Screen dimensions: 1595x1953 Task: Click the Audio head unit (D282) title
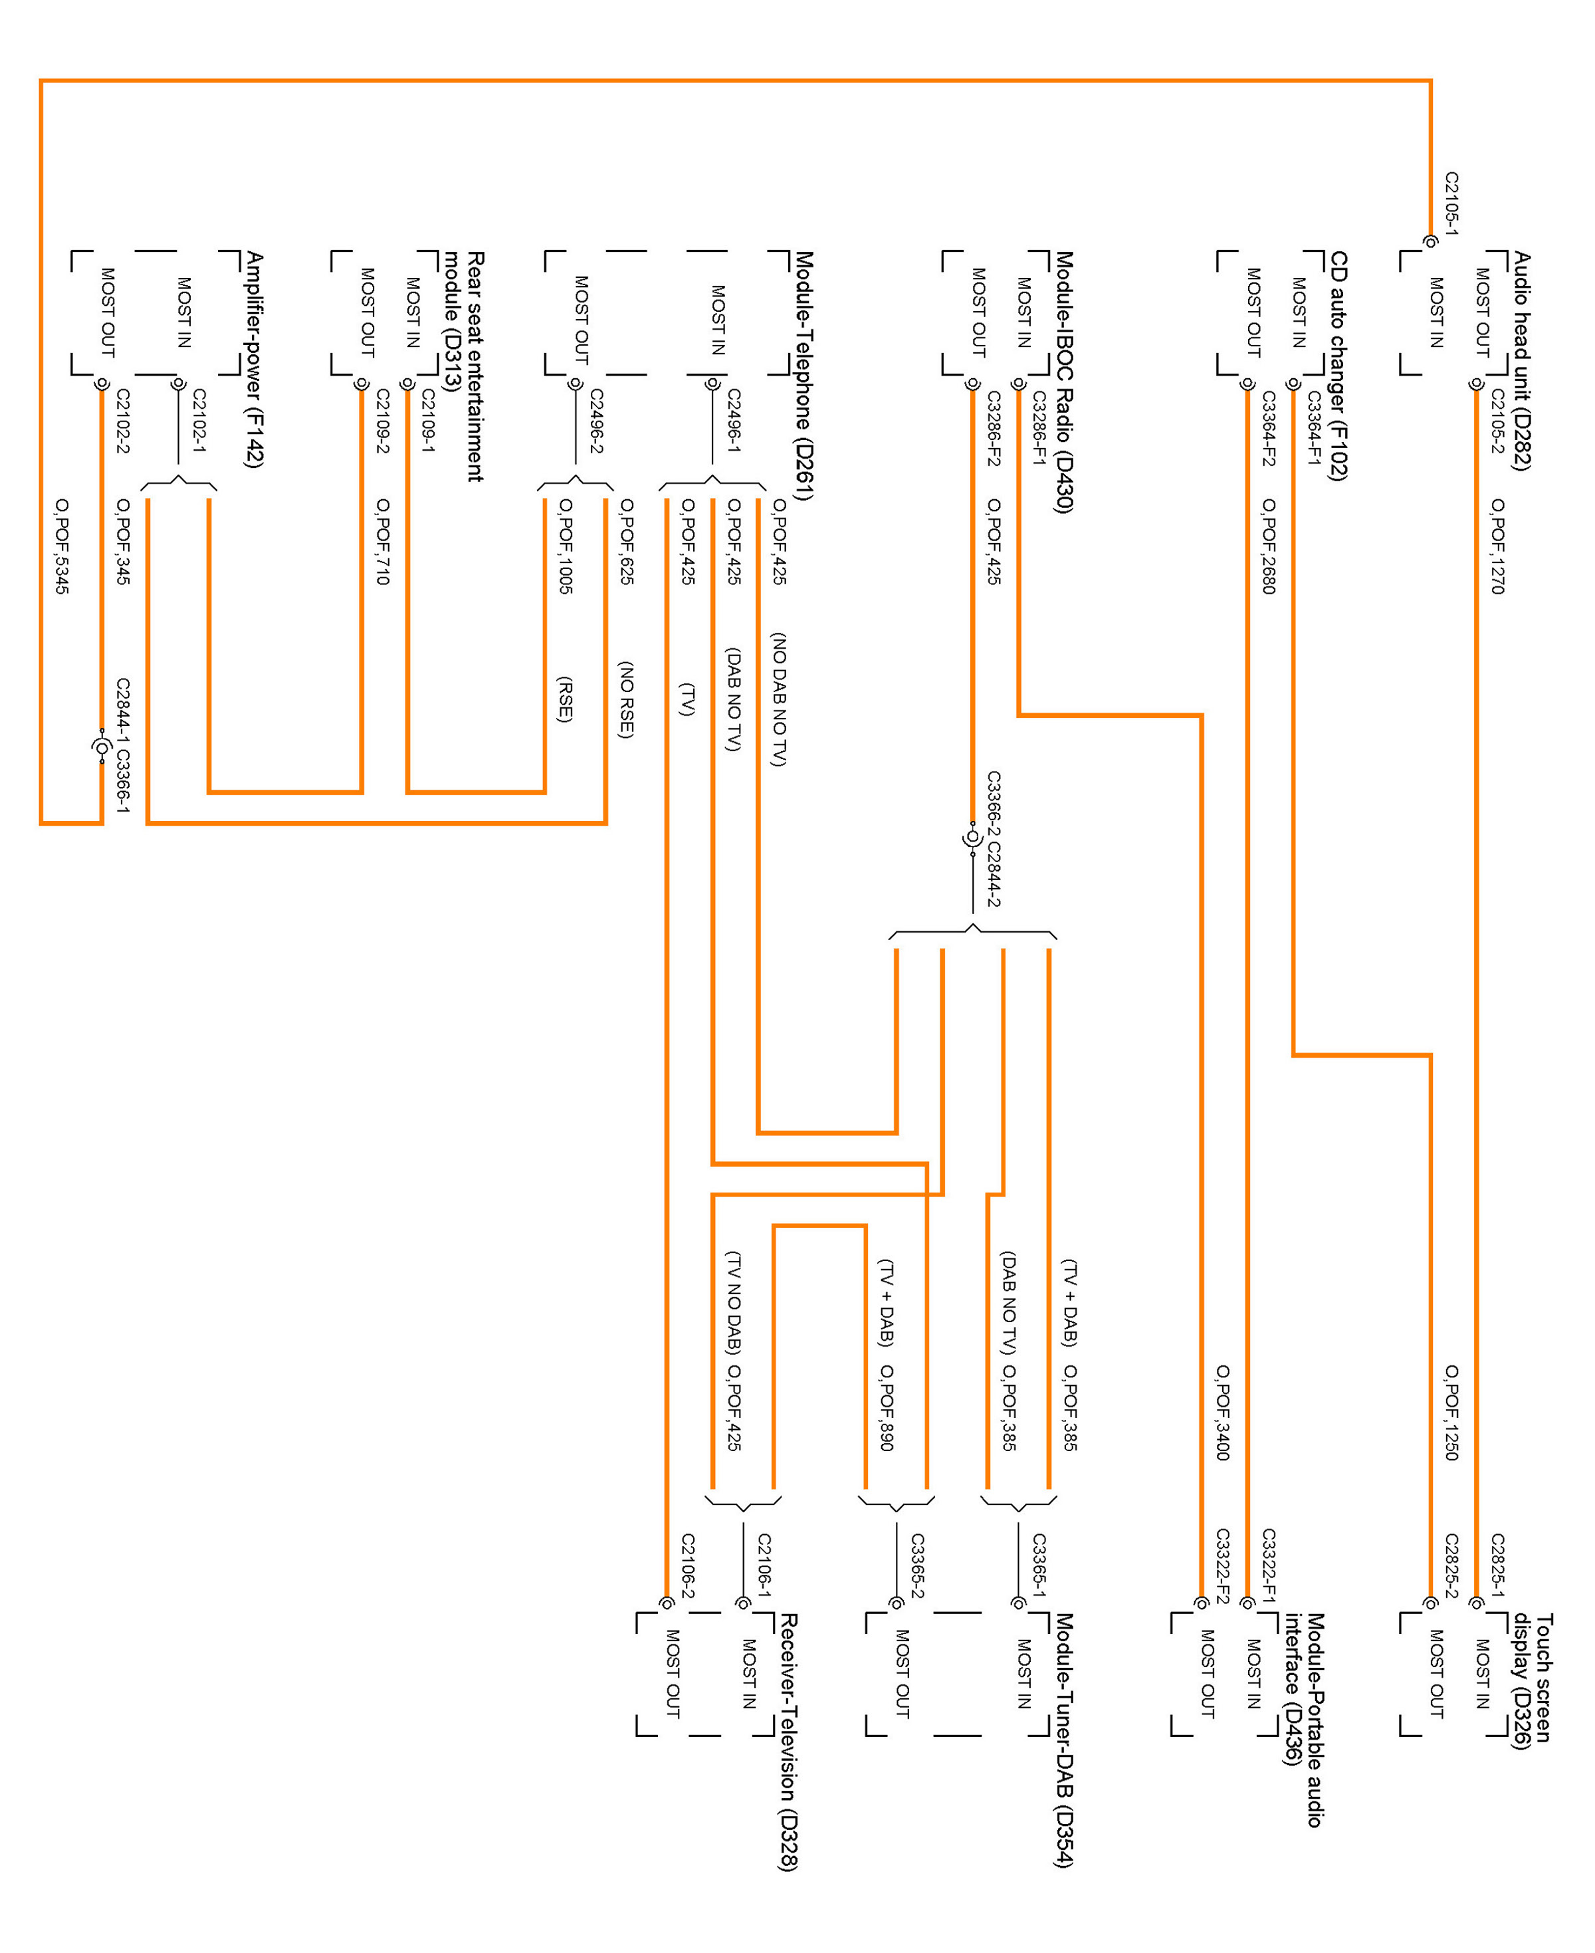(x=1523, y=360)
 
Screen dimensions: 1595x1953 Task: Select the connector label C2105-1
(x=1451, y=202)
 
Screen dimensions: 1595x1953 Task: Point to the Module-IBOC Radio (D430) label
(x=1065, y=382)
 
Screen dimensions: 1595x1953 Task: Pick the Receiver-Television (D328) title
(x=788, y=1742)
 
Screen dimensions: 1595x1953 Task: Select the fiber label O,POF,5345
(x=62, y=546)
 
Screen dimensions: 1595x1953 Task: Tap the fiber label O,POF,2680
(x=1269, y=546)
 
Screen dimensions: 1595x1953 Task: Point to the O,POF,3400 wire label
(x=1223, y=1413)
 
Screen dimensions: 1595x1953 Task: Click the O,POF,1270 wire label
(x=1497, y=546)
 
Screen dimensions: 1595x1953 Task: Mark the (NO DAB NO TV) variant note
(x=779, y=699)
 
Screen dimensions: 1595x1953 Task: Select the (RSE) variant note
(x=565, y=699)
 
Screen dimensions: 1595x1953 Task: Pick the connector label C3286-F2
(x=993, y=428)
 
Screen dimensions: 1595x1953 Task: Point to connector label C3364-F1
(x=1314, y=428)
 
